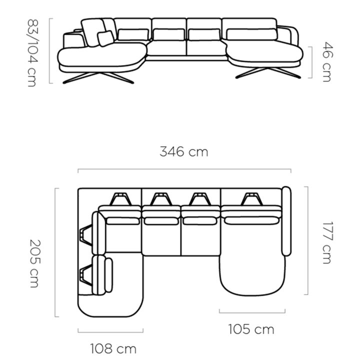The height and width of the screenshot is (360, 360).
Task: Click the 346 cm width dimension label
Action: (184, 152)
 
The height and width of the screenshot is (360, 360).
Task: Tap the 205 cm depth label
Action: (35, 263)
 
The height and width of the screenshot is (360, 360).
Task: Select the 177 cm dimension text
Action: (327, 242)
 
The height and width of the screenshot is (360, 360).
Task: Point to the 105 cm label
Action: (251, 329)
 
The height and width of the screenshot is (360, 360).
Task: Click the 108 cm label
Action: (113, 348)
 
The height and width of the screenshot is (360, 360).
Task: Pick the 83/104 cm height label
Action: (32, 53)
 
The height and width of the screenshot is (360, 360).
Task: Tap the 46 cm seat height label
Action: (327, 62)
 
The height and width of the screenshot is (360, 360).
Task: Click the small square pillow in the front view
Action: (105, 38)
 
